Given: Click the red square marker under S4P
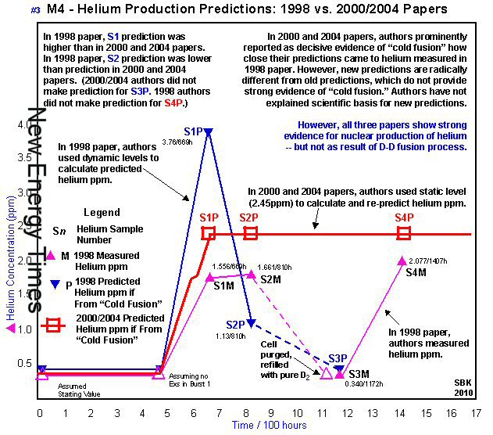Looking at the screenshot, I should point(404,232).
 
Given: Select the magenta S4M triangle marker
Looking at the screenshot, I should point(402,260).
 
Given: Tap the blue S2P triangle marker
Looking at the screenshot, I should point(251,323).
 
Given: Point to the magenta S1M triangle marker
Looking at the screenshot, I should point(209,277).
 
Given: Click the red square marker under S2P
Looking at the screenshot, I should point(251,232).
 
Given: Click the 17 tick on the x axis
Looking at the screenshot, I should point(473,413).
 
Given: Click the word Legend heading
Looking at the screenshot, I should point(102,212).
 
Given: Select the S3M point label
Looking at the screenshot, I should point(359,374).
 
